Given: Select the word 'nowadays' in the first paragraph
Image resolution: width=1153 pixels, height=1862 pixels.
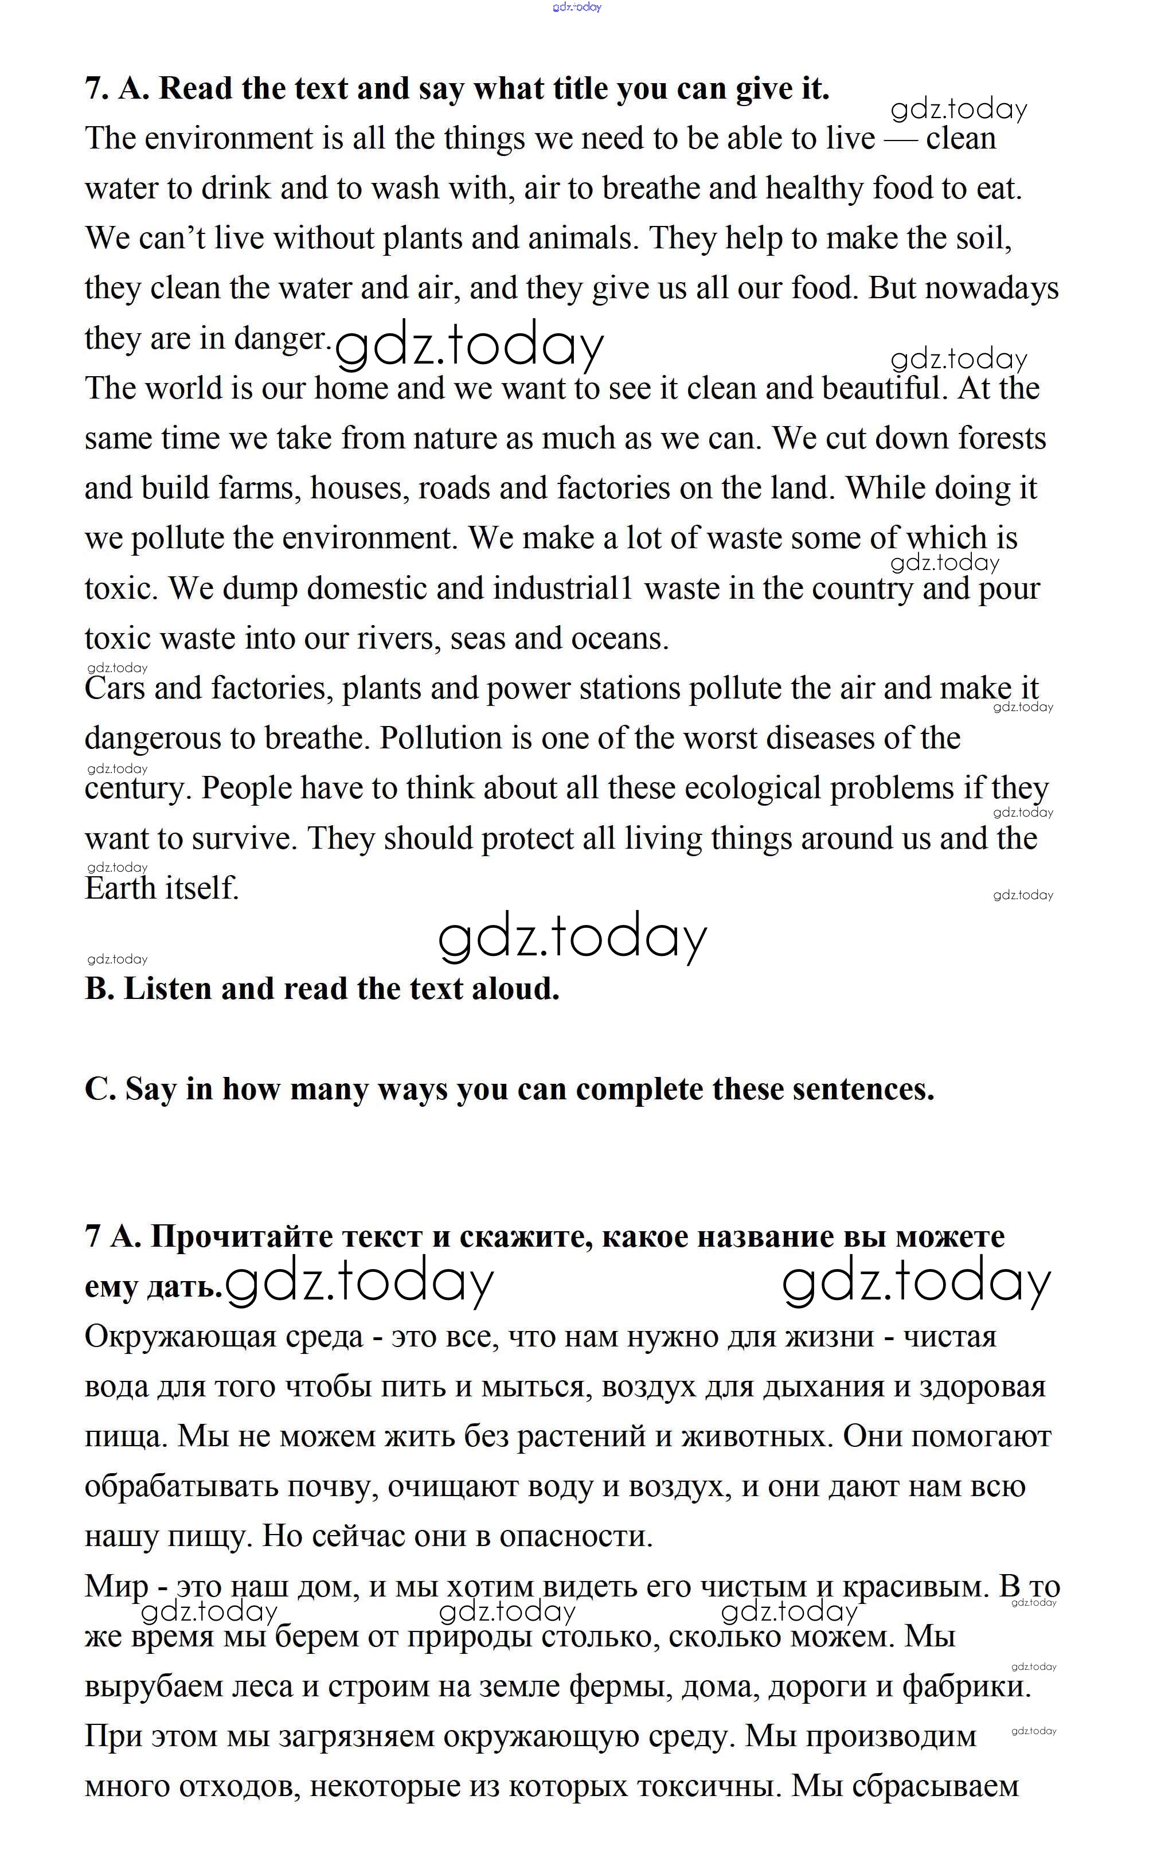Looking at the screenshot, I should pyautogui.click(x=991, y=289).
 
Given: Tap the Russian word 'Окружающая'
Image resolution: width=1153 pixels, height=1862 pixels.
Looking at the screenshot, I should pyautogui.click(x=180, y=1337).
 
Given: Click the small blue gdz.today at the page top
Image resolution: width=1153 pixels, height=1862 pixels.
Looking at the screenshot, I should pyautogui.click(x=577, y=7).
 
